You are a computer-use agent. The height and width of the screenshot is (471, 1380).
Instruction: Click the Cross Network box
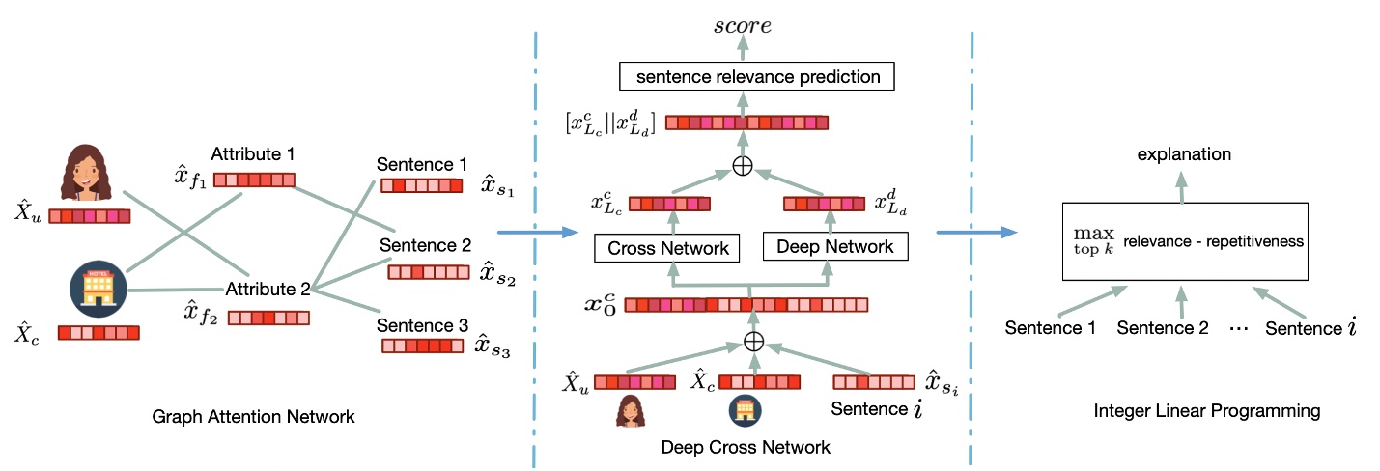(x=667, y=248)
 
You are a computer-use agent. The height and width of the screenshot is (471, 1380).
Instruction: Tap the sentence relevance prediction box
(x=755, y=76)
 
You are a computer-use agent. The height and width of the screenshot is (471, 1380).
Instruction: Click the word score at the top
(x=742, y=25)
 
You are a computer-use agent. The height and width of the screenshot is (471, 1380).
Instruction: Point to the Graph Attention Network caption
(x=254, y=417)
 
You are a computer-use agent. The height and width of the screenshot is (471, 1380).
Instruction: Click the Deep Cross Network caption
(x=746, y=448)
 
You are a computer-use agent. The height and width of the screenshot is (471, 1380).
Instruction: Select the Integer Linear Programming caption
(x=1206, y=411)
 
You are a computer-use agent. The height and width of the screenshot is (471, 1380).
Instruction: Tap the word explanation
(x=1183, y=153)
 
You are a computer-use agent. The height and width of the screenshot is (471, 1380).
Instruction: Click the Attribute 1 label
(x=252, y=153)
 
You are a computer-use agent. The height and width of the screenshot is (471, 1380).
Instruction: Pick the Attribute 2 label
(x=268, y=289)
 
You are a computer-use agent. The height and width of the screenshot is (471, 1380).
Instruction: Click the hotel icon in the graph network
(x=99, y=287)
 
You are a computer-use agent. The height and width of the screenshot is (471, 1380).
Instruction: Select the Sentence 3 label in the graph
(x=422, y=324)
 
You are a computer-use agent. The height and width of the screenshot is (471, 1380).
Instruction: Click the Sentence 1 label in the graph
(x=422, y=165)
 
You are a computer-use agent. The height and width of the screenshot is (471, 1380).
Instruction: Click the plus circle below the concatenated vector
(x=742, y=165)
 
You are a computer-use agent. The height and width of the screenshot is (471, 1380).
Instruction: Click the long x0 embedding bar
(x=746, y=305)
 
